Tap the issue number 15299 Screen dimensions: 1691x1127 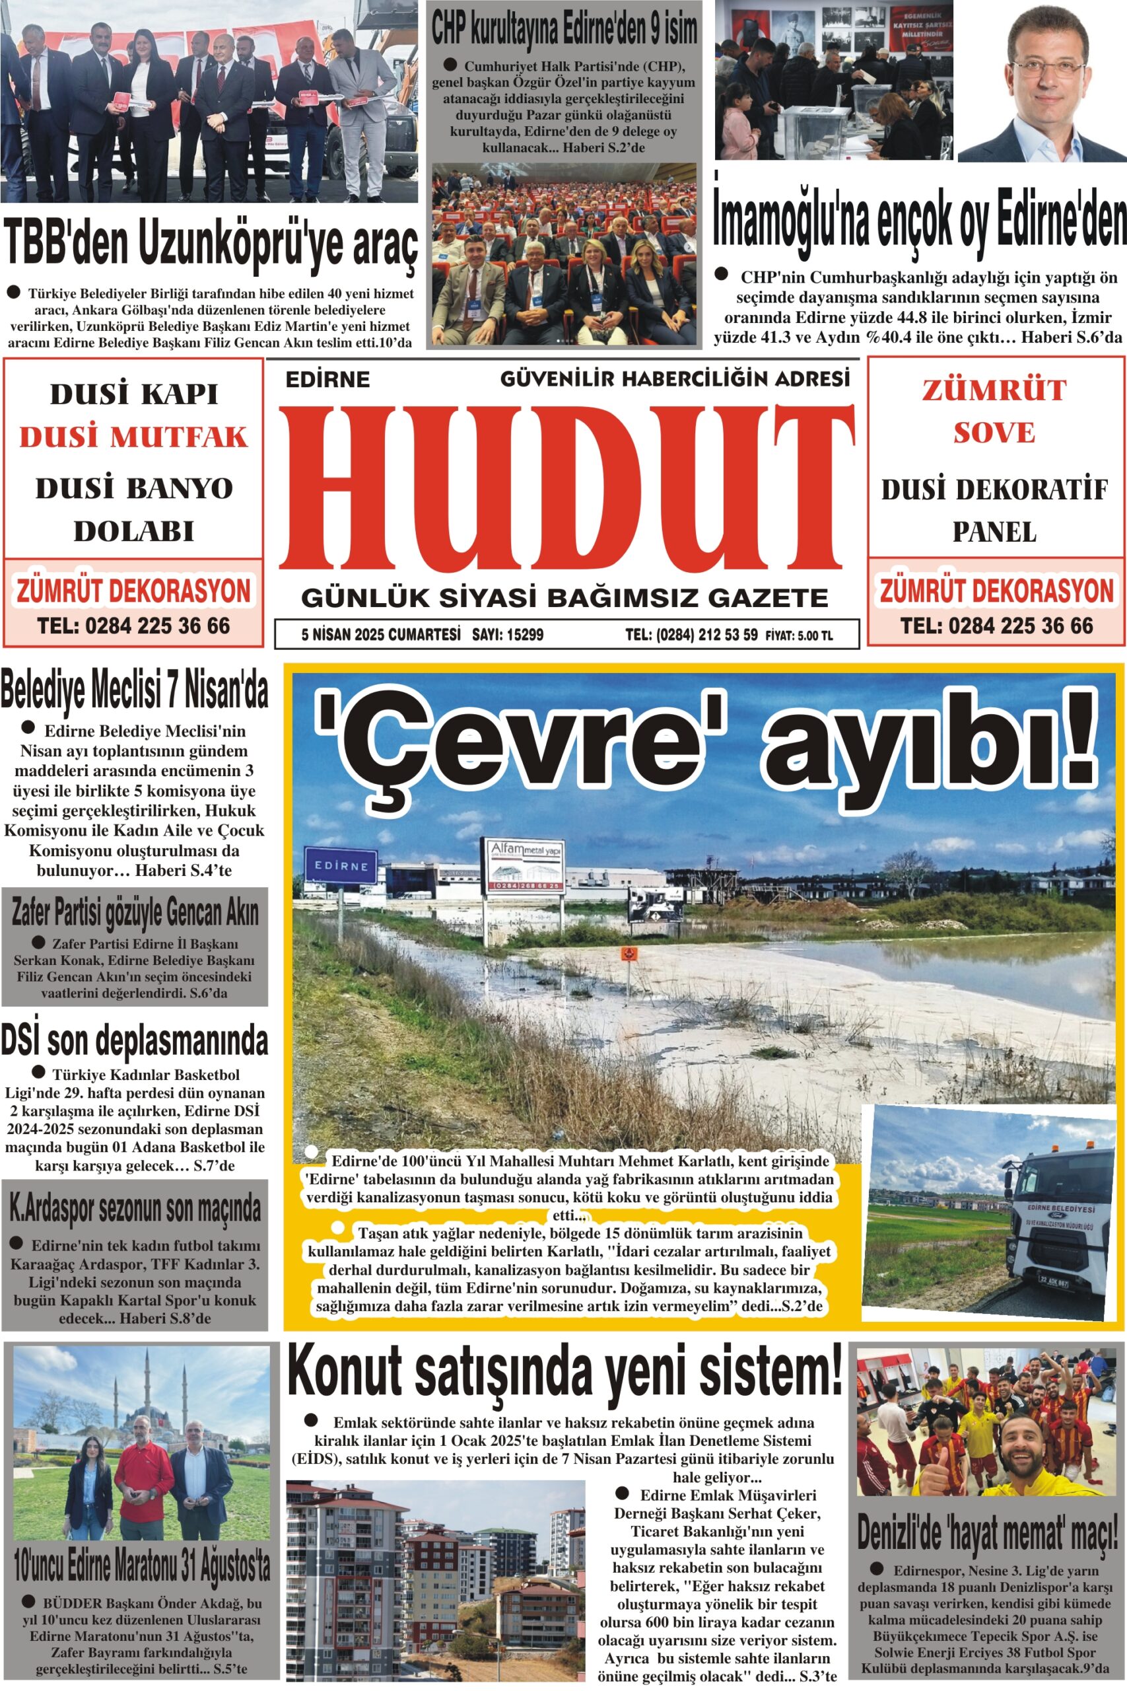[x=526, y=635]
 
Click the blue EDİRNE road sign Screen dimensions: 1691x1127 [x=341, y=865]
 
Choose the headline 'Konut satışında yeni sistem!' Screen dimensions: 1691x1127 [x=564, y=1373]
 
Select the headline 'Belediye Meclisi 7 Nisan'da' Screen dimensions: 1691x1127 [x=135, y=690]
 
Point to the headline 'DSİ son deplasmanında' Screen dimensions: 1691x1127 [x=135, y=1040]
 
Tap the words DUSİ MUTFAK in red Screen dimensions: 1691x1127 [x=133, y=437]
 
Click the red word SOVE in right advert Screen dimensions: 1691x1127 [x=994, y=433]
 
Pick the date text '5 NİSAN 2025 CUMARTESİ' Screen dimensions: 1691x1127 [x=381, y=635]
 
